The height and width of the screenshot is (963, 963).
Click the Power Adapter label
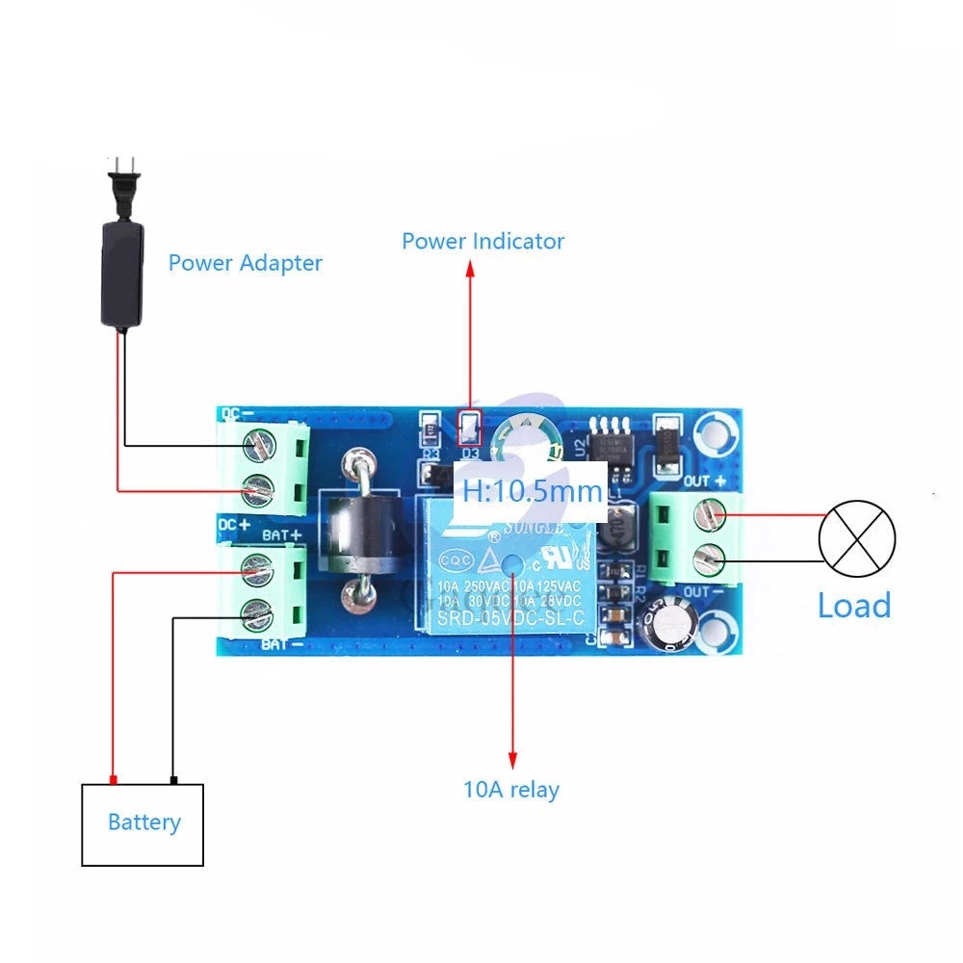245,262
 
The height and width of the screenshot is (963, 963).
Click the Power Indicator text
482,241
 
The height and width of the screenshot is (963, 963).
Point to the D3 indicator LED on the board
470,425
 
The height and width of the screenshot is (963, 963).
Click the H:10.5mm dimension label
532,491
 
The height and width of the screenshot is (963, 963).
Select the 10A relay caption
510,790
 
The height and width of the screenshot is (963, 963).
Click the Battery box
143,823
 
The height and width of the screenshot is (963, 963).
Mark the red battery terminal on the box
113,779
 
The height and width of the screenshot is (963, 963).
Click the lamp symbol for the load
856,538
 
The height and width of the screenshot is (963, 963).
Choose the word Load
853,606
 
